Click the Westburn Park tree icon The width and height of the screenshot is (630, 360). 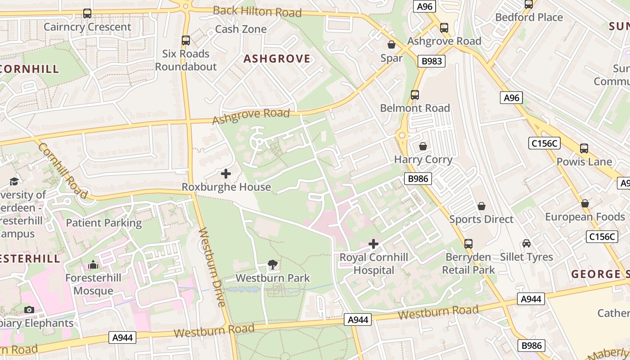pyautogui.click(x=272, y=265)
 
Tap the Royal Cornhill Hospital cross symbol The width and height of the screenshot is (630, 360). pyautogui.click(x=373, y=244)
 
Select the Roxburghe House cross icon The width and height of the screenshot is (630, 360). pyautogui.click(x=226, y=174)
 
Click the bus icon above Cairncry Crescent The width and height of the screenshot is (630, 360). pyautogui.click(x=87, y=13)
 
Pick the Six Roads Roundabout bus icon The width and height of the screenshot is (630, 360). pyautogui.click(x=186, y=40)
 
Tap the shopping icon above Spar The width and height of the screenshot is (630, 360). pyautogui.click(x=391, y=45)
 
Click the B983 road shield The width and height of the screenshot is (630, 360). pyautogui.click(x=431, y=61)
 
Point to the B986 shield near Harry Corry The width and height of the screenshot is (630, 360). pyautogui.click(x=418, y=179)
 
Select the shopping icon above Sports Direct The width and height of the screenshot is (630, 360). pyautogui.click(x=481, y=206)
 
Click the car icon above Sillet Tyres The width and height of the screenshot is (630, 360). pyautogui.click(x=526, y=243)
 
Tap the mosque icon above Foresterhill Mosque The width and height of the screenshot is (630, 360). pyautogui.click(x=93, y=265)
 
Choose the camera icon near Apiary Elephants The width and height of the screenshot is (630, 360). pyautogui.click(x=29, y=310)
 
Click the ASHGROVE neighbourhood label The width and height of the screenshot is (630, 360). pyautogui.click(x=277, y=59)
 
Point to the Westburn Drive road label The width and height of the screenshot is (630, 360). pyautogui.click(x=211, y=268)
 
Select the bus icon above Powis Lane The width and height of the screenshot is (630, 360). pyautogui.click(x=584, y=148)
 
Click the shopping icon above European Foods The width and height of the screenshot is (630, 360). pyautogui.click(x=585, y=203)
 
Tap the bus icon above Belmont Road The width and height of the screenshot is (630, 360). pyautogui.click(x=415, y=95)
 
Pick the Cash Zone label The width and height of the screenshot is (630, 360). pyautogui.click(x=241, y=29)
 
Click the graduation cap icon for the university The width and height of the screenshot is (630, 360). pyautogui.click(x=14, y=181)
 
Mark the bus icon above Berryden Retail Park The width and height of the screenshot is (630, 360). pyautogui.click(x=468, y=244)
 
